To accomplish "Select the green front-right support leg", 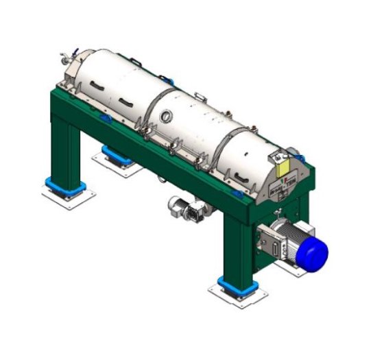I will coord(236,240).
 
